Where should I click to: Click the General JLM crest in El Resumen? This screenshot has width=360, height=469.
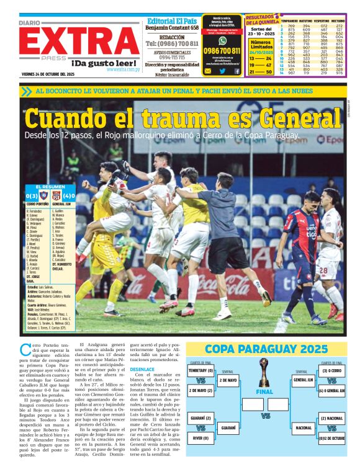pyautogui.click(x=56, y=195)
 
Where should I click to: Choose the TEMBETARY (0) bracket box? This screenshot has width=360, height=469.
pyautogui.click(x=201, y=371)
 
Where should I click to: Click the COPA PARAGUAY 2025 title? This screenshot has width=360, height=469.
pyautogui.click(x=266, y=349)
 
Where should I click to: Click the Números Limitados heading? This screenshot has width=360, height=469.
pyautogui.click(x=259, y=45)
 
